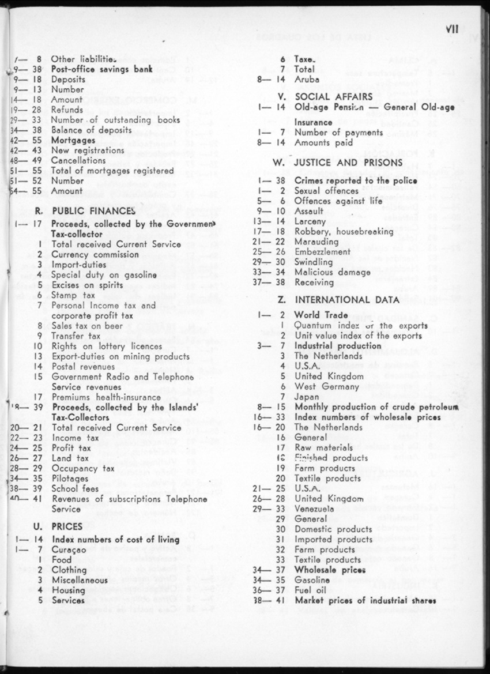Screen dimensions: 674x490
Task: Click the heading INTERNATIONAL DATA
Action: pyautogui.click(x=347, y=300)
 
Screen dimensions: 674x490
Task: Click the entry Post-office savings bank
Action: pyautogui.click(x=95, y=69)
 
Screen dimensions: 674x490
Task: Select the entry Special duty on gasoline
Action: pyautogui.click(x=104, y=275)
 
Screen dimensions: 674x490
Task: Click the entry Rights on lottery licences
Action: pyautogui.click(x=107, y=347)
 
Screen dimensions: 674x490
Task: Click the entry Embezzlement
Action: pyautogui.click(x=322, y=252)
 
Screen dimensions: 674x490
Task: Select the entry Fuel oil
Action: pyautogui.click(x=310, y=590)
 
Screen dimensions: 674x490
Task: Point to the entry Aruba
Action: pyautogui.click(x=306, y=80)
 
